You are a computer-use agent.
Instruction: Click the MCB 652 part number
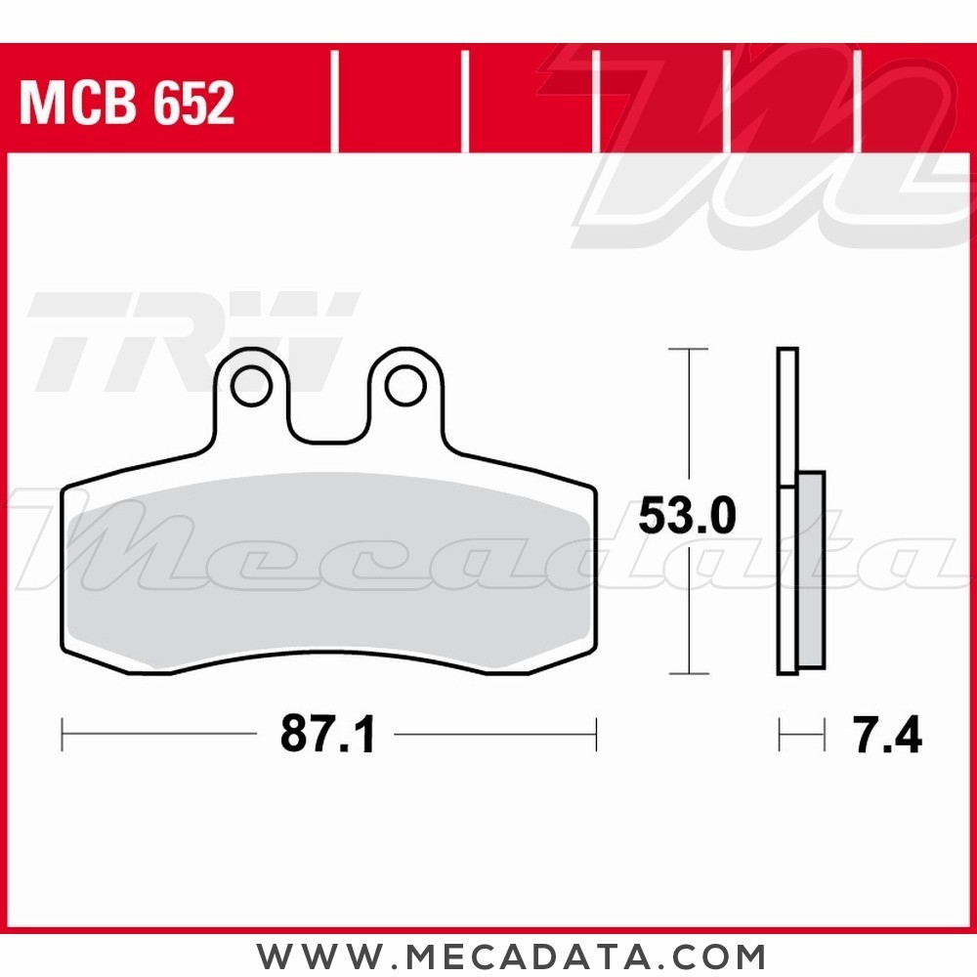[x=127, y=103]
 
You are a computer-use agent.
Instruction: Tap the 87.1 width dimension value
[x=328, y=735]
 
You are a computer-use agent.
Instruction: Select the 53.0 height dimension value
[x=687, y=516]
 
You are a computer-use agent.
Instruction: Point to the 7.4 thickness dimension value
[x=887, y=735]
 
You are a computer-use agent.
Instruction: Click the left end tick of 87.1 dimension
[x=63, y=735]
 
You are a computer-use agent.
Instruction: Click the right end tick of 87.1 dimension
[x=595, y=735]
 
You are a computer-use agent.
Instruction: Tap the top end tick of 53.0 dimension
[x=690, y=349]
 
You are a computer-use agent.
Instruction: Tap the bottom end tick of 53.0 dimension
[x=690, y=673]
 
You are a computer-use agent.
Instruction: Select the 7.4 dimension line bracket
[x=801, y=735]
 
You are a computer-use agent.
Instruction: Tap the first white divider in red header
[x=335, y=103]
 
